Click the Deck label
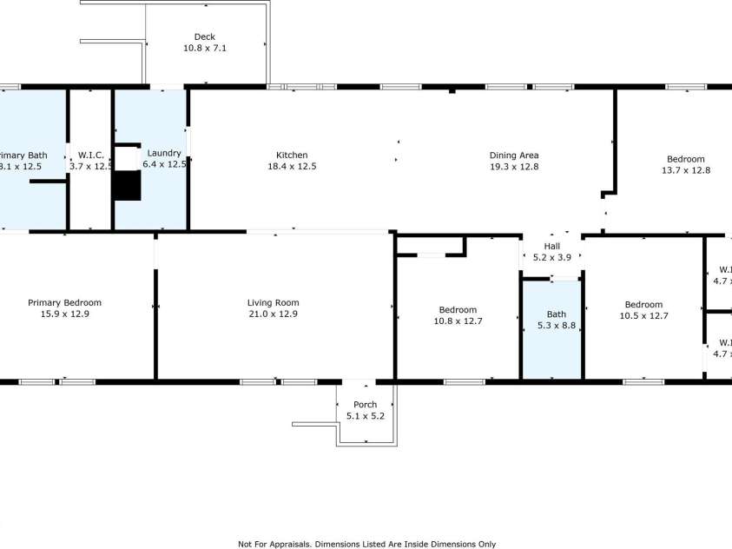205,36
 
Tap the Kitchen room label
292,155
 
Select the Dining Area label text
514,155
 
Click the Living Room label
273,303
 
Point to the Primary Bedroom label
64,303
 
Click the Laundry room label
164,153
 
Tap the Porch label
365,405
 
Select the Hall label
552,246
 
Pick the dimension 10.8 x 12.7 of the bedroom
457,321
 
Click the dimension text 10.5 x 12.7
643,316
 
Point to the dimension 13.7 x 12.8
686,170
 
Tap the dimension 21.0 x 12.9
273,314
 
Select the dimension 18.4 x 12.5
292,167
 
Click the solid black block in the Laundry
127,186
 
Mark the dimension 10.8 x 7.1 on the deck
205,49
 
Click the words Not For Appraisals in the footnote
272,544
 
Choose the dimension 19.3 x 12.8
514,167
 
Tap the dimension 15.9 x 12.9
64,314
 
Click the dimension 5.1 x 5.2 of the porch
365,416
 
